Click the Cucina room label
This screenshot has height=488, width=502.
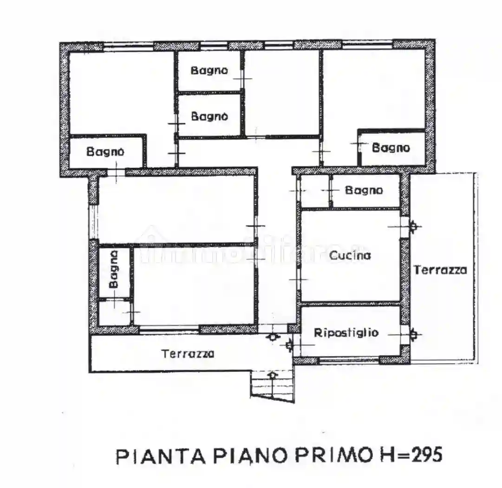[x=350, y=255]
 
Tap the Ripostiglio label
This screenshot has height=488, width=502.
[x=346, y=333]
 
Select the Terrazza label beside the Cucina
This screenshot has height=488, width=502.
[x=440, y=270]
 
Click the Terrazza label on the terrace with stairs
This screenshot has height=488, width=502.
[x=188, y=354]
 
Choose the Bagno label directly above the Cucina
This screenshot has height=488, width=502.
[x=364, y=190]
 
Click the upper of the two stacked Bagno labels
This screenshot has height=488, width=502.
[x=209, y=71]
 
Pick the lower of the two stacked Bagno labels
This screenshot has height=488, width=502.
[x=209, y=116]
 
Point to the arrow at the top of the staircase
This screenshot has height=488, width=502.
[x=273, y=374]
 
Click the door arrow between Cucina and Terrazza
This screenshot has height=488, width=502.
[x=413, y=226]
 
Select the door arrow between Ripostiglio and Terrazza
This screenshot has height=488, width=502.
[x=413, y=334]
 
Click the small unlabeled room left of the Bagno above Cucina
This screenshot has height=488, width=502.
[x=314, y=191]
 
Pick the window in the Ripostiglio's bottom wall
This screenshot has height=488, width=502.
[x=349, y=360]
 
